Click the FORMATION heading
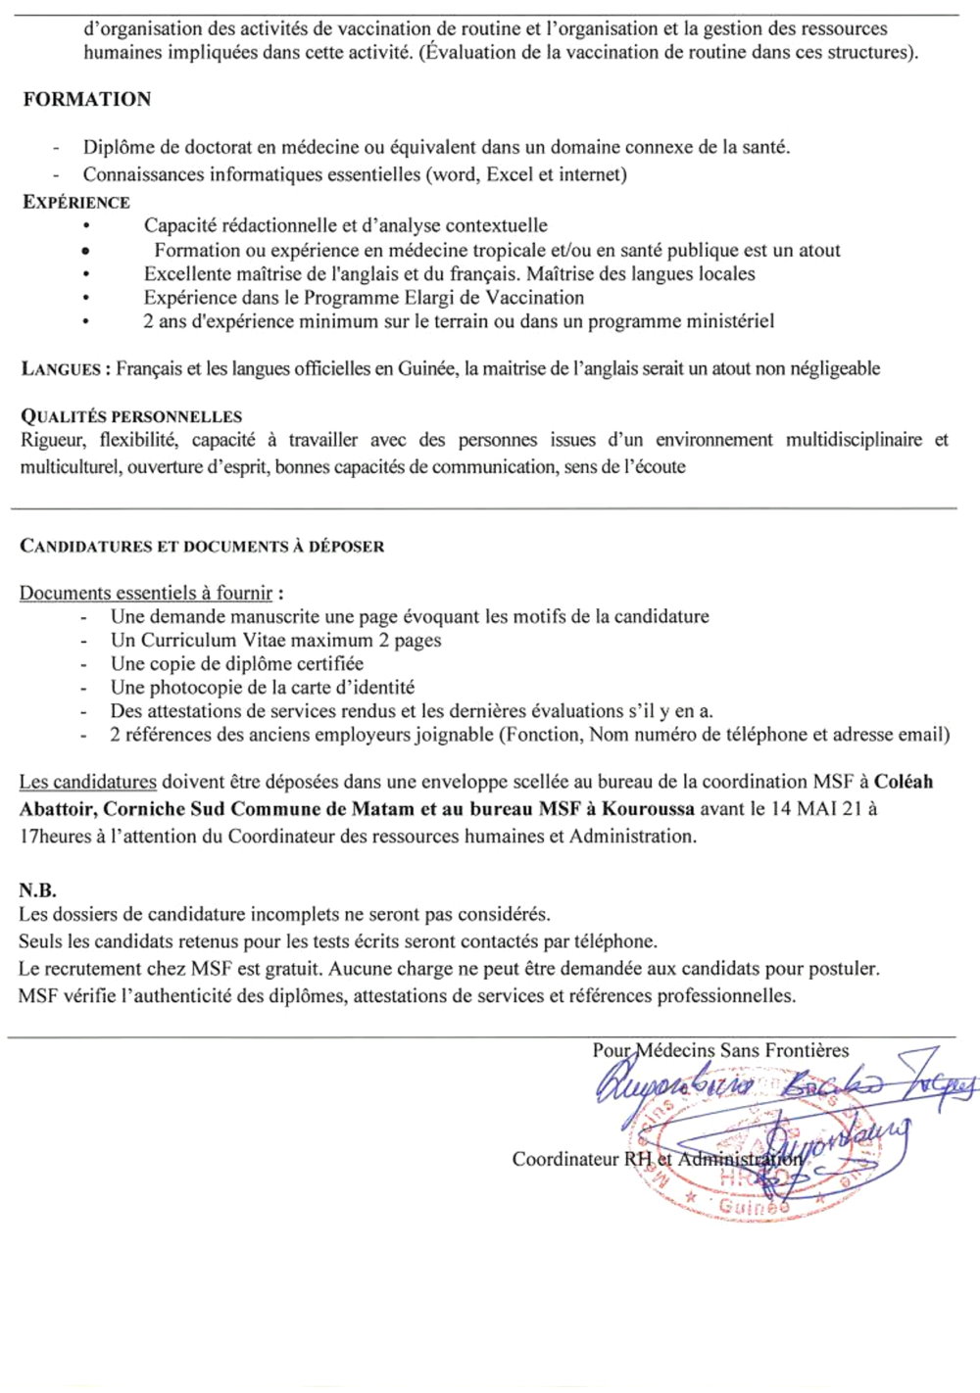[x=87, y=99]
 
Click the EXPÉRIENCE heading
[x=76, y=203]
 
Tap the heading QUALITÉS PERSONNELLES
[x=131, y=416]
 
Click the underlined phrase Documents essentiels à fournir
[x=146, y=593]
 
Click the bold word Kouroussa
[x=648, y=809]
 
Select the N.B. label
[x=37, y=890]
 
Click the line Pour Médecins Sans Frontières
[x=720, y=1050]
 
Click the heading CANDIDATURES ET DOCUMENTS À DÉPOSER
[x=202, y=546]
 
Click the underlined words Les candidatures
[x=87, y=782]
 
